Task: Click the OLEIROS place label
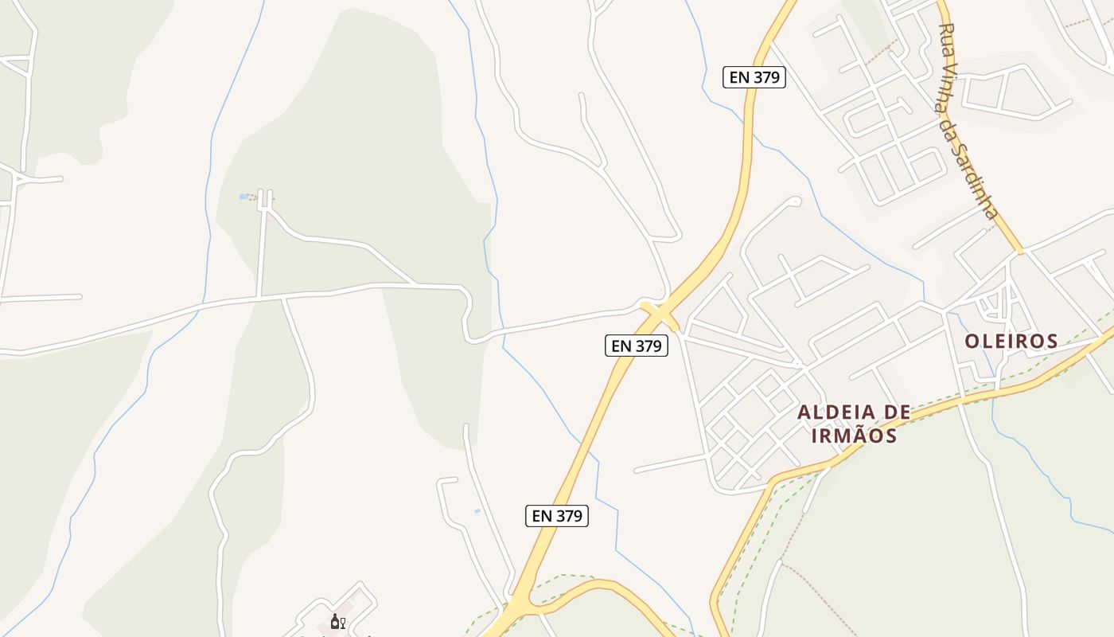click(x=1011, y=342)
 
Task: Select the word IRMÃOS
click(x=854, y=436)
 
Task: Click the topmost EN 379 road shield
click(x=754, y=77)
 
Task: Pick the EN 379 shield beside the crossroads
click(x=636, y=346)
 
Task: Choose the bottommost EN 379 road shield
click(x=557, y=516)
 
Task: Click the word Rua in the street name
click(x=947, y=37)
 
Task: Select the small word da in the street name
click(x=947, y=128)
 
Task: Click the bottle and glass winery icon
click(x=337, y=622)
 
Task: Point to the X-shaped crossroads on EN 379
click(x=660, y=315)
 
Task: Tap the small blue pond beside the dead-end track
click(x=243, y=196)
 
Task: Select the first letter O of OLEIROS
click(x=972, y=342)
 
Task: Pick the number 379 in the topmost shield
click(x=765, y=77)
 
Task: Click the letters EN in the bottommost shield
click(x=542, y=516)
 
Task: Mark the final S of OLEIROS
click(x=1052, y=342)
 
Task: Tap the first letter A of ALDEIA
click(x=803, y=412)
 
